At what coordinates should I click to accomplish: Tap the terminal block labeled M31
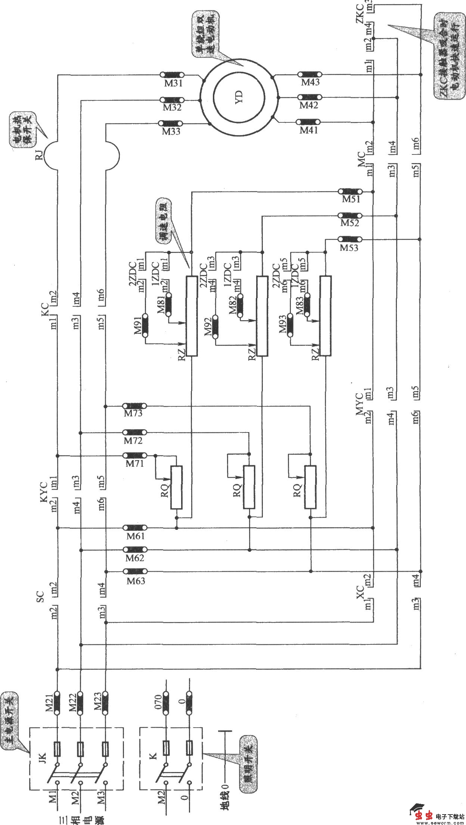(x=172, y=75)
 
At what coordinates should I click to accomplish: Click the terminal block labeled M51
(x=350, y=191)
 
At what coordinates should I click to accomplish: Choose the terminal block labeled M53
(x=350, y=239)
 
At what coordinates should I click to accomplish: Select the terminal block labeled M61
(x=135, y=528)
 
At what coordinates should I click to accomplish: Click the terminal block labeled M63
(x=135, y=571)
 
